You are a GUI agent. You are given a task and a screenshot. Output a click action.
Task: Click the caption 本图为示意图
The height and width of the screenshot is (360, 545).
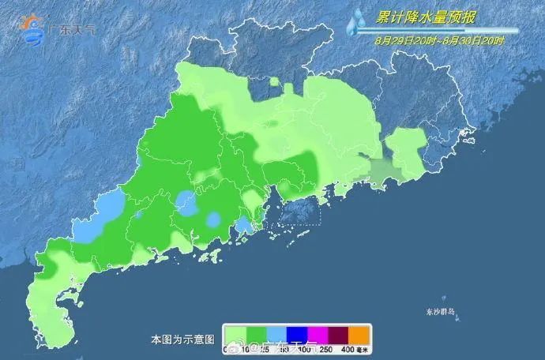pyautogui.click(x=182, y=339)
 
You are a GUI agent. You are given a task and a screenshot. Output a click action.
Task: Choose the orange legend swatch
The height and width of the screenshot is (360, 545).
pyautogui.click(x=359, y=333)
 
